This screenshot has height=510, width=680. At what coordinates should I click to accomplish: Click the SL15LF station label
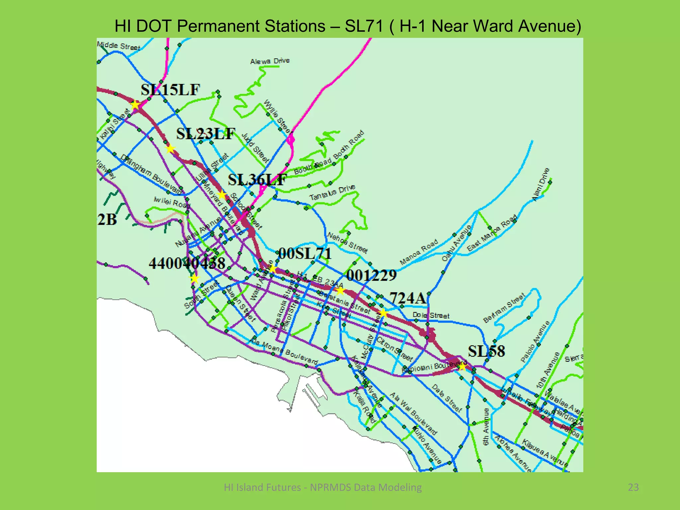pos(170,90)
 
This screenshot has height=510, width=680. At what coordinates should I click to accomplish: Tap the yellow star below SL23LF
pos(170,149)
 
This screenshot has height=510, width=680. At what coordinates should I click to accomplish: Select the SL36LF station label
pos(257,180)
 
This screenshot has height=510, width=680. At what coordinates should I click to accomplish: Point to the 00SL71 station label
pos(305,254)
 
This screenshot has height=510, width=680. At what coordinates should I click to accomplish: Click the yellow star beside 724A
pos(383,313)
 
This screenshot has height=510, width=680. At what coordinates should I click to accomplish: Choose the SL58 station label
pos(486,351)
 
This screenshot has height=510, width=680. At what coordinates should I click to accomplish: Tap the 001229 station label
pos(371,275)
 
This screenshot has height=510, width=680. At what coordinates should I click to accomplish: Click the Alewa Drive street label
pos(270,61)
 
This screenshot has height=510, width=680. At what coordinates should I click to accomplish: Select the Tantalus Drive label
pos(332,193)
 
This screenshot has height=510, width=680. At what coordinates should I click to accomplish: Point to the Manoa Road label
pos(419,252)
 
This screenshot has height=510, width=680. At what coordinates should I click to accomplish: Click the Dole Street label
pos(431,315)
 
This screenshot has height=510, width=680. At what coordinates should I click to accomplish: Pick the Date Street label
pos(447,398)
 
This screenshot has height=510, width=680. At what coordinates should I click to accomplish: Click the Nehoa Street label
pos(347,242)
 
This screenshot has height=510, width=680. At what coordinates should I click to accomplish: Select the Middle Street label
pos(119,46)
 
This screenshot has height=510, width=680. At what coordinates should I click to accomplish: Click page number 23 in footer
pos(633,487)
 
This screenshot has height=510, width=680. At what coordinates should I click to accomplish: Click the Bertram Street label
pos(504,308)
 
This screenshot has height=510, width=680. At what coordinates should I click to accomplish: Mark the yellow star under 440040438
pos(194,278)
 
